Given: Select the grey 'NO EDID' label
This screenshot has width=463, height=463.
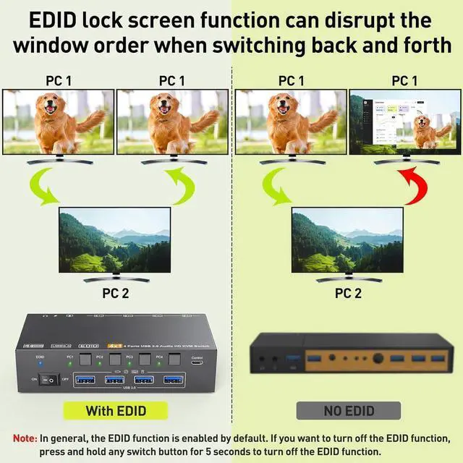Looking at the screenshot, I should tap(349, 411).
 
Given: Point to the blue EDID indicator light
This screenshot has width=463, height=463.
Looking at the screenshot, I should tap(41, 366).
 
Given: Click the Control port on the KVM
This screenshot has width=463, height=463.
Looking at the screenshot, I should tap(197, 365).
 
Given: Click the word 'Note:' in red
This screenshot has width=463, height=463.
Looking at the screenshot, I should tap(25, 438).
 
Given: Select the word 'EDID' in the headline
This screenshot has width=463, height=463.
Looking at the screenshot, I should tap(54, 20).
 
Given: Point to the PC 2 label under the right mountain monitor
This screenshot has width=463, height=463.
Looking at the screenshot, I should tap(348, 293).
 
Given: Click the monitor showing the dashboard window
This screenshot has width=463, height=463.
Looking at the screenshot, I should tap(404, 121).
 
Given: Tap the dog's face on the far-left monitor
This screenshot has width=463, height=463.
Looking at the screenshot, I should tap(51, 109).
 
